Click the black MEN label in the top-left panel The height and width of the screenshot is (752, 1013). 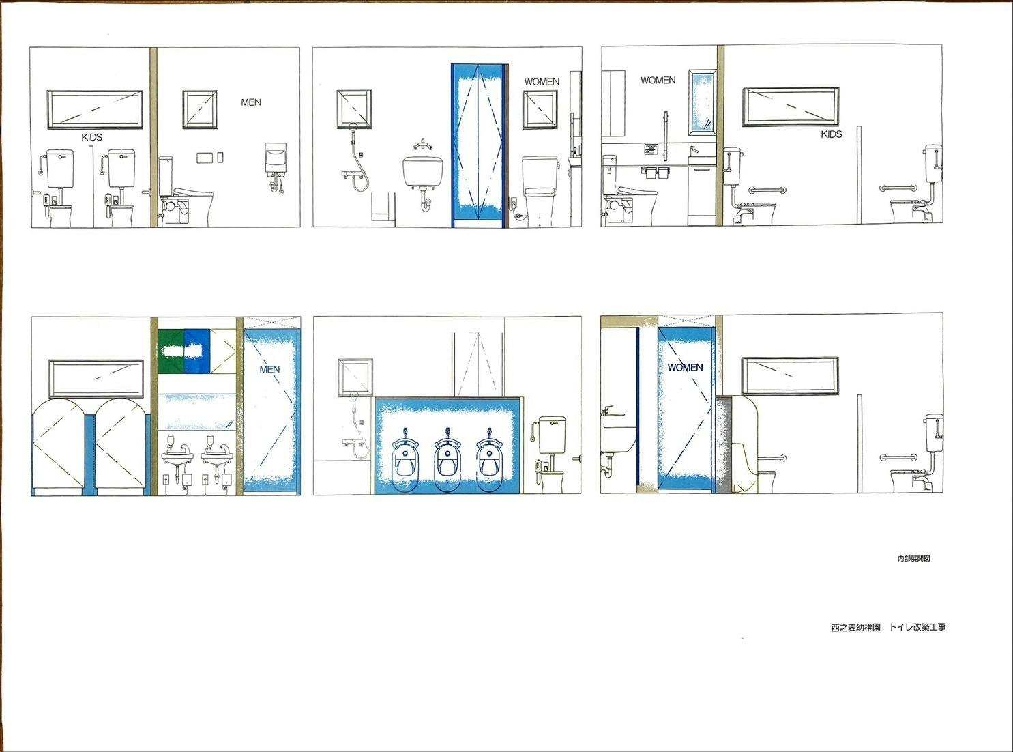[251, 102]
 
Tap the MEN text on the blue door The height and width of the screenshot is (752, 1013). [269, 369]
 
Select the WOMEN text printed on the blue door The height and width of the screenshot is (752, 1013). [685, 367]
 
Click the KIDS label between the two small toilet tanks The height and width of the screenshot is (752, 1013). [91, 137]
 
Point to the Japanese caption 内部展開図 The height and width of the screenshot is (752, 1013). [914, 558]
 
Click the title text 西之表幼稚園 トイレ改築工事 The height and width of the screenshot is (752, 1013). [888, 627]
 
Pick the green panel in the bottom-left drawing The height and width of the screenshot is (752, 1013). [171, 351]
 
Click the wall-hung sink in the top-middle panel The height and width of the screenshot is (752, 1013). [423, 171]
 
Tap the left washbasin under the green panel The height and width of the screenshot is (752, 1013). [177, 457]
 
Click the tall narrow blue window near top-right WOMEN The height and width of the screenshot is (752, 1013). [703, 102]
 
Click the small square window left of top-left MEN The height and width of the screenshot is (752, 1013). [200, 109]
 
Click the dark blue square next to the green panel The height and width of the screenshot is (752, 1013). [197, 351]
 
